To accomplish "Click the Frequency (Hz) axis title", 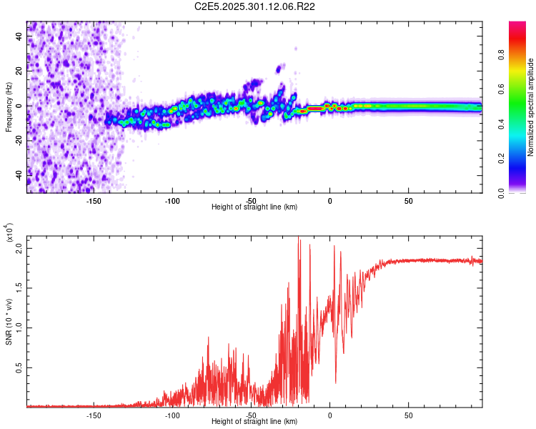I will click(x=9, y=107).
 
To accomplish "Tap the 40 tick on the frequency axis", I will click(x=20, y=37).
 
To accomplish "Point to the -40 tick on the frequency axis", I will click(x=20, y=175).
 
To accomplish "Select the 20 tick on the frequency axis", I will click(x=20, y=71).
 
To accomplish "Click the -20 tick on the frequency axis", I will click(x=20, y=140).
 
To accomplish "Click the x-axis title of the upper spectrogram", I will click(x=254, y=207).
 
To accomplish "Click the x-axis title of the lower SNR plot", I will click(x=254, y=421).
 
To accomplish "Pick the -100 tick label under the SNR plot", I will click(x=172, y=415).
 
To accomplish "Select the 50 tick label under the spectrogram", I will click(x=408, y=200).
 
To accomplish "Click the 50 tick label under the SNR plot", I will click(x=408, y=415).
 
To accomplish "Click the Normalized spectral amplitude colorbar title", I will click(x=530, y=107).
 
